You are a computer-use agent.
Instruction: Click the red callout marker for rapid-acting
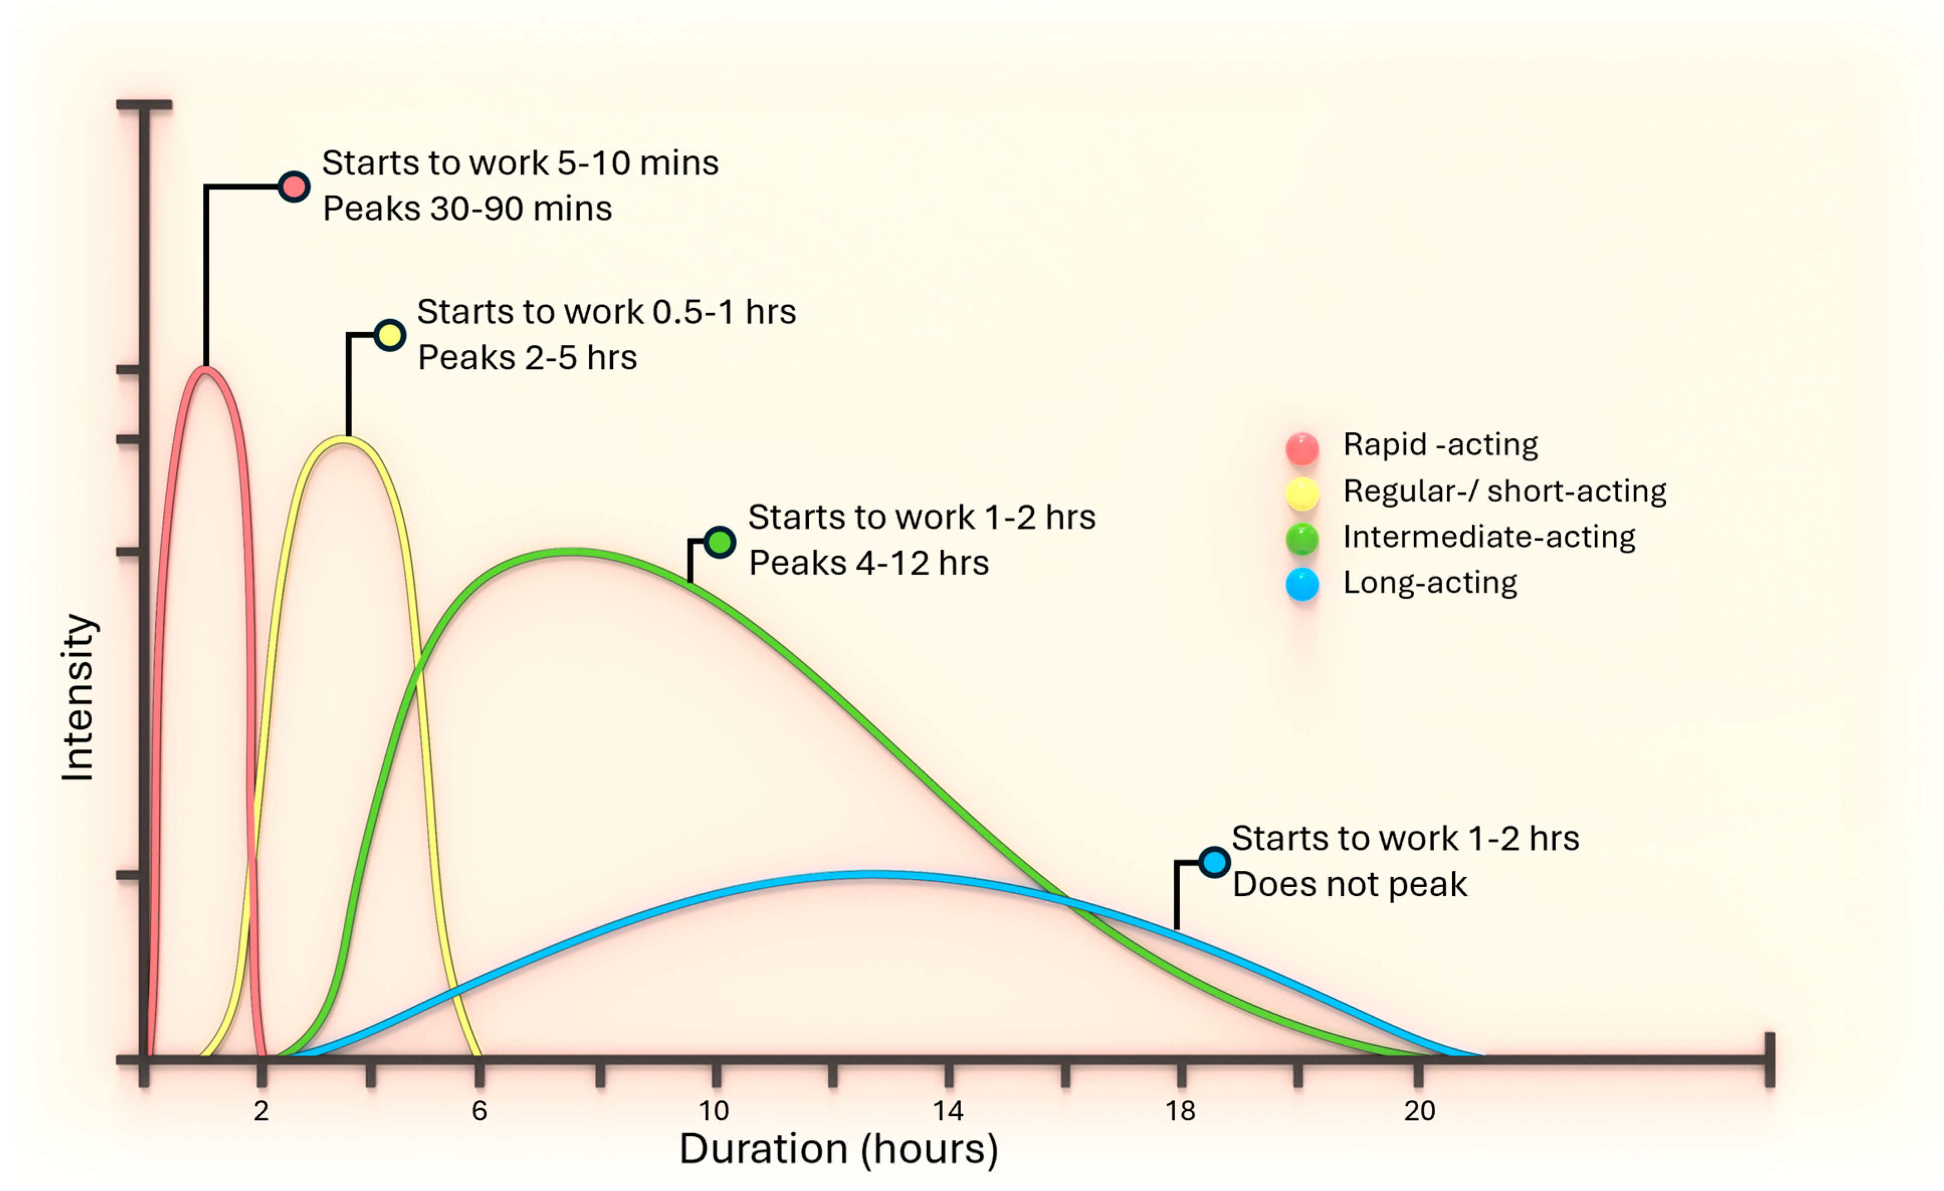pyautogui.click(x=293, y=187)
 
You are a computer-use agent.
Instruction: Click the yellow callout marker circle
pyautogui.click(x=390, y=335)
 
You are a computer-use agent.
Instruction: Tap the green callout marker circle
pyautogui.click(x=719, y=543)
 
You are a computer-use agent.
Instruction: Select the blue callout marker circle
pyautogui.click(x=1214, y=862)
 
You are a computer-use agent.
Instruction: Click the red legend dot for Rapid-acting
pyautogui.click(x=1302, y=448)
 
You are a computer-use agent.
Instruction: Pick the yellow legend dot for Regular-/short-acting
pyautogui.click(x=1302, y=494)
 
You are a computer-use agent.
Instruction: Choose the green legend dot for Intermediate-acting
pyautogui.click(x=1302, y=539)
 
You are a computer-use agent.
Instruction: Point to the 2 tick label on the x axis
pyautogui.click(x=261, y=1111)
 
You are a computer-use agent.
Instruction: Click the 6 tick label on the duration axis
pyautogui.click(x=479, y=1111)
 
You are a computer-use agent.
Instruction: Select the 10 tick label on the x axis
pyautogui.click(x=714, y=1111)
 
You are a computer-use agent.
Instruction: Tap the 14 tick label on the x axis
pyautogui.click(x=948, y=1111)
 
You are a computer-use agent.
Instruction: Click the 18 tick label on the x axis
pyautogui.click(x=1180, y=1111)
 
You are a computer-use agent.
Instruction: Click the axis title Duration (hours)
pyautogui.click(x=839, y=1149)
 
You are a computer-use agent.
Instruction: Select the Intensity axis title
pyautogui.click(x=78, y=697)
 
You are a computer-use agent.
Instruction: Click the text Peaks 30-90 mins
pyautogui.click(x=467, y=209)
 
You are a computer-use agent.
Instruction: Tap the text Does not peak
pyautogui.click(x=1349, y=885)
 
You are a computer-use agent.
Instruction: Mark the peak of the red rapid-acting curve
pyautogui.click(x=205, y=369)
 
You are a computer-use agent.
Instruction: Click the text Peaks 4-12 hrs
pyautogui.click(x=868, y=563)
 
